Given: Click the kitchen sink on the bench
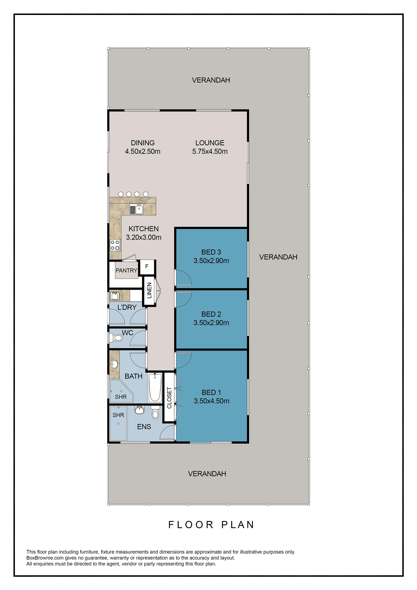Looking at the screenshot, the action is tap(136, 209).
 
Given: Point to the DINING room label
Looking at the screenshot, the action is tap(143, 143).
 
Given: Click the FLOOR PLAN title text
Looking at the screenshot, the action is tap(211, 525).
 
